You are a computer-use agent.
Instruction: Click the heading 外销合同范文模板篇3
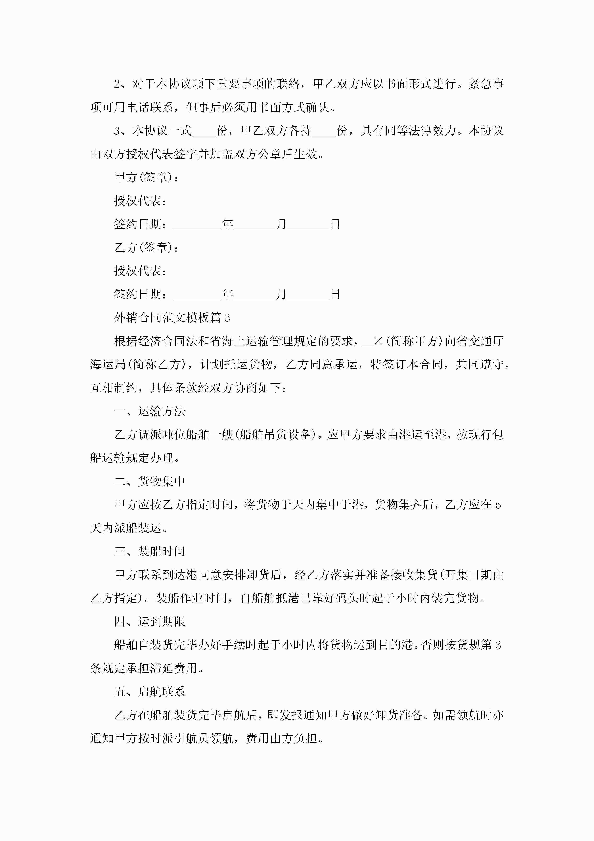pyautogui.click(x=172, y=318)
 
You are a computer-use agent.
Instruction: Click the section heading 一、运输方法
pyautogui.click(x=150, y=411)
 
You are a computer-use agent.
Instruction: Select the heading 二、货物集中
pyautogui.click(x=150, y=481)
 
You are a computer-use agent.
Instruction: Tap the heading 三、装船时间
pyautogui.click(x=150, y=551)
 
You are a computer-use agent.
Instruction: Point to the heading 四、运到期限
pyautogui.click(x=150, y=622)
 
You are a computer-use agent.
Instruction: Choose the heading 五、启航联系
pyautogui.click(x=150, y=692)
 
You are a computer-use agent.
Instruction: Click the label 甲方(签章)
pyautogui.click(x=146, y=177)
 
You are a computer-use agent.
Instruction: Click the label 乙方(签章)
pyautogui.click(x=146, y=248)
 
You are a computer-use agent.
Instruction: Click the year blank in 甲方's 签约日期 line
pyautogui.click(x=198, y=224)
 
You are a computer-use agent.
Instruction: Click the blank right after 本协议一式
pyautogui.click(x=204, y=131)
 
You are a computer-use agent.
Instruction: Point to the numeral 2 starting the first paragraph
pyautogui.click(x=117, y=84)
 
